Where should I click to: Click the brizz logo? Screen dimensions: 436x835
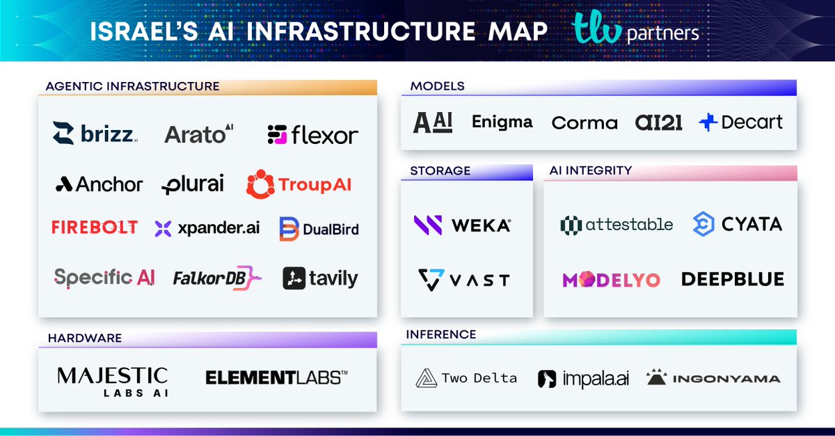(x=95, y=134)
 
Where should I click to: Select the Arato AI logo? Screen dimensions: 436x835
(x=199, y=134)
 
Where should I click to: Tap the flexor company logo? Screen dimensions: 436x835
(x=312, y=135)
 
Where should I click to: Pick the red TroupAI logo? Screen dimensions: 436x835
(x=299, y=184)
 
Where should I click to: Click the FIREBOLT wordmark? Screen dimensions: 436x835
(x=95, y=227)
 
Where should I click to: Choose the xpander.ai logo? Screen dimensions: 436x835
(x=207, y=228)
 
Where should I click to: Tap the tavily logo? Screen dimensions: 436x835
(x=320, y=278)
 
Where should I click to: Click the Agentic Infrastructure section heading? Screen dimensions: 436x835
(x=132, y=87)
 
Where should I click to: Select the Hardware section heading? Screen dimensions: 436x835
(x=85, y=339)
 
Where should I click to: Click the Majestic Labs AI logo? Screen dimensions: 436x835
(x=112, y=382)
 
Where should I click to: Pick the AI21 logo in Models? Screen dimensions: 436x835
(x=658, y=122)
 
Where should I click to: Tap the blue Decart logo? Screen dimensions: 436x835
(x=740, y=122)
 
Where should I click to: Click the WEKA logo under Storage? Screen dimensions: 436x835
(x=462, y=225)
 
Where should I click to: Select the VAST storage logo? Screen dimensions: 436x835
(x=463, y=280)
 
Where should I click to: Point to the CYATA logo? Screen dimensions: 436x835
(x=737, y=224)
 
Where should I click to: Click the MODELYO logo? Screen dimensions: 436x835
(x=611, y=280)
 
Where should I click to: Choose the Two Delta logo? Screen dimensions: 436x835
(x=466, y=379)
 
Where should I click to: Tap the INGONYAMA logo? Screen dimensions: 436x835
(x=713, y=379)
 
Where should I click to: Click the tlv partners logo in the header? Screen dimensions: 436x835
(x=635, y=31)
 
